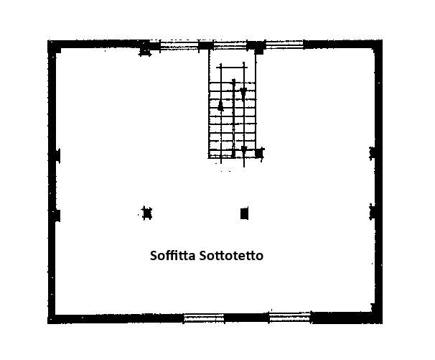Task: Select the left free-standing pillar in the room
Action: click(147, 213)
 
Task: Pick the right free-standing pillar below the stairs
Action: click(244, 213)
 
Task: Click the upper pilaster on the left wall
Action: click(55, 154)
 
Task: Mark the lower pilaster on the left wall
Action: click(55, 215)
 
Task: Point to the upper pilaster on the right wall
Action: click(373, 152)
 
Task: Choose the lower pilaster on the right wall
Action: click(373, 211)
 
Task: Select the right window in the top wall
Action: click(284, 45)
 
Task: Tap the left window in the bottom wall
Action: click(204, 318)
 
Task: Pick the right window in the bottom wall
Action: click(290, 317)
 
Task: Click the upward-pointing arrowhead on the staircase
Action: click(220, 105)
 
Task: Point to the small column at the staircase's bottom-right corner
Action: click(259, 152)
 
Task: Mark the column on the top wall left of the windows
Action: click(146, 48)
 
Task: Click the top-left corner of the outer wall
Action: click(52, 45)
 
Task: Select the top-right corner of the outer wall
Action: click(377, 45)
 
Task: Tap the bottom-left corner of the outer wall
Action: click(52, 318)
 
